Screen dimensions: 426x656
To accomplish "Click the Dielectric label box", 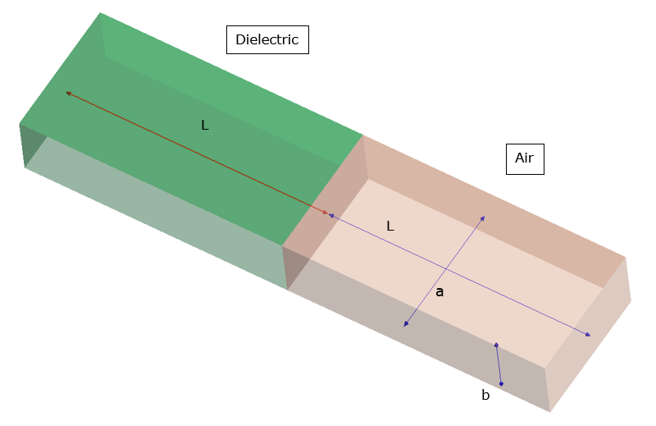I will [x=267, y=39].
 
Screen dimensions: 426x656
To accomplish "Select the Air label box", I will [x=524, y=158].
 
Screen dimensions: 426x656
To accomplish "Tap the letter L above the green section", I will [x=205, y=126].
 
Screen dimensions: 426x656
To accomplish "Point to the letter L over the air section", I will [x=390, y=226].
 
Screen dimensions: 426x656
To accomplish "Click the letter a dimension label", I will [x=440, y=291].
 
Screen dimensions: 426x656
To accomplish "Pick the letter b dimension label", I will [x=485, y=396].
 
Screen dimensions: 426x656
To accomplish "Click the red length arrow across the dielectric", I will [x=197, y=153].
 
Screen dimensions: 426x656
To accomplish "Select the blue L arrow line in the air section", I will [x=459, y=275].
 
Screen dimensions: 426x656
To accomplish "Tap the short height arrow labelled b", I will [x=499, y=364].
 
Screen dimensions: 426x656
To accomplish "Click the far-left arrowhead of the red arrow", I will [x=68, y=94].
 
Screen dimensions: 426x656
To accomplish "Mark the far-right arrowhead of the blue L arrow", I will [x=587, y=335].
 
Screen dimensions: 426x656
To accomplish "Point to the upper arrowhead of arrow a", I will [x=483, y=218].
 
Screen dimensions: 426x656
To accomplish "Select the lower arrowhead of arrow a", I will [x=405, y=326].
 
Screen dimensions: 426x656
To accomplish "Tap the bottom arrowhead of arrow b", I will [x=502, y=383].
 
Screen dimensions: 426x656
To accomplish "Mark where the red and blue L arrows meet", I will [x=329, y=214].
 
